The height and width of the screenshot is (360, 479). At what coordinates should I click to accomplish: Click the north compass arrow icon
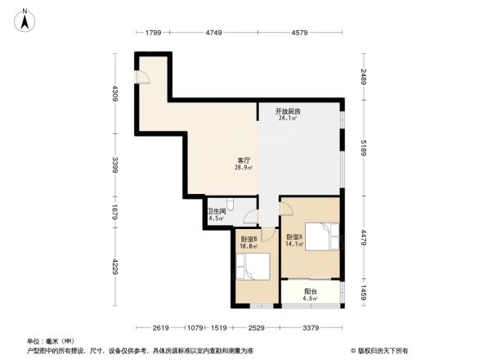(26, 18)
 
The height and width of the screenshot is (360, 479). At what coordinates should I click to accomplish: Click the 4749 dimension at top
(213, 33)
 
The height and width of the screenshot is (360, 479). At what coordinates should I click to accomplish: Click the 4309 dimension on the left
(116, 93)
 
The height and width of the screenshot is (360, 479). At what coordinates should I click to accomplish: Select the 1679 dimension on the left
(116, 214)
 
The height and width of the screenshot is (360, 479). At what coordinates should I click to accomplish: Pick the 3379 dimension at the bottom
(310, 328)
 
